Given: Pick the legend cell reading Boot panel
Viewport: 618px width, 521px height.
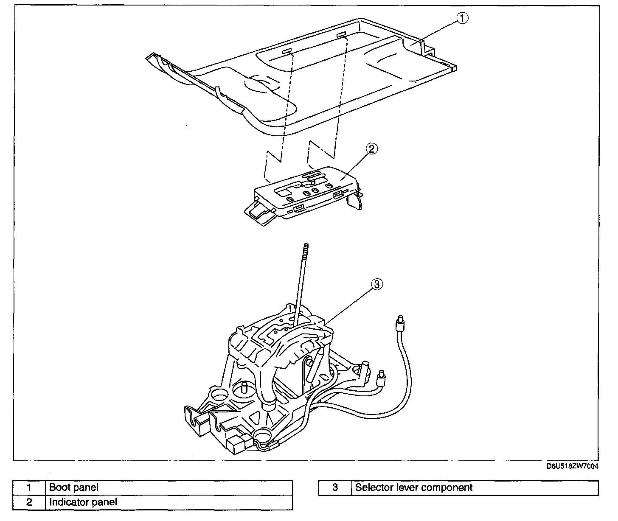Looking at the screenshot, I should point(169,487).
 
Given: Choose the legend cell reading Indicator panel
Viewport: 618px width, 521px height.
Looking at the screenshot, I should point(169,502).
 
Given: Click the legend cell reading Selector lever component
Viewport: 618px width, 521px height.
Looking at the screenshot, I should point(475,487).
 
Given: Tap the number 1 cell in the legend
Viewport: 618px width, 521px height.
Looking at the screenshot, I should point(29,487).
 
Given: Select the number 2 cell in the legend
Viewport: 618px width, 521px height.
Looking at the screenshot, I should point(29,502).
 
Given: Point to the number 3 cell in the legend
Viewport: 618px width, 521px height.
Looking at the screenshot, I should point(335,487).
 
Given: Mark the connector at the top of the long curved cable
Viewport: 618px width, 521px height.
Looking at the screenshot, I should point(399,325).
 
